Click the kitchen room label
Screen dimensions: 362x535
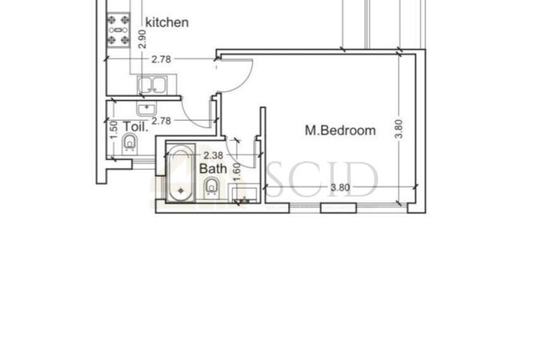tap(166, 22)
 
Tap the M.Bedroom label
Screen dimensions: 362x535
tap(340, 130)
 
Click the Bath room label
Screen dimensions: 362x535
tap(212, 169)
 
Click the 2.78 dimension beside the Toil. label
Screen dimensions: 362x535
tap(162, 121)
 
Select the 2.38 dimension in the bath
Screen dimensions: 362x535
tap(212, 155)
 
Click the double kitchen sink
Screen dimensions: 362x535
tap(151, 84)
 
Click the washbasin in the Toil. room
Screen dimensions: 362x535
tap(147, 107)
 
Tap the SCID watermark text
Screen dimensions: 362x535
tap(320, 181)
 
